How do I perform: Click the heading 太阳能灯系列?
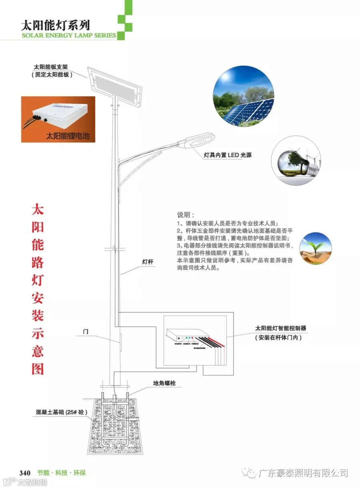click(x=55, y=25)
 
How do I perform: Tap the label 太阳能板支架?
click(x=53, y=67)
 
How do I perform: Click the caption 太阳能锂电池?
click(x=68, y=136)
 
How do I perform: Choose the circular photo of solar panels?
click(x=243, y=96)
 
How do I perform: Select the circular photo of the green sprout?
click(x=315, y=248)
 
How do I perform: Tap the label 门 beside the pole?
click(x=86, y=332)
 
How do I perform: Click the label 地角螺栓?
click(x=164, y=383)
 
